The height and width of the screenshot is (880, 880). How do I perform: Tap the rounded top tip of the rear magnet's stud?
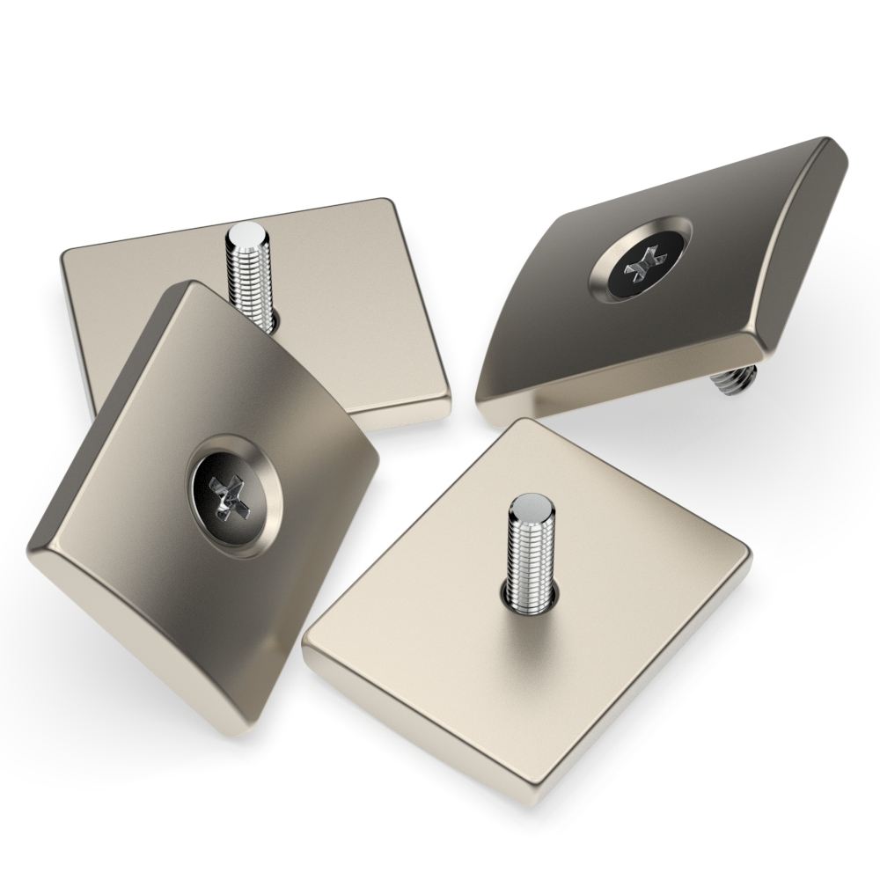pos(246,235)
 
